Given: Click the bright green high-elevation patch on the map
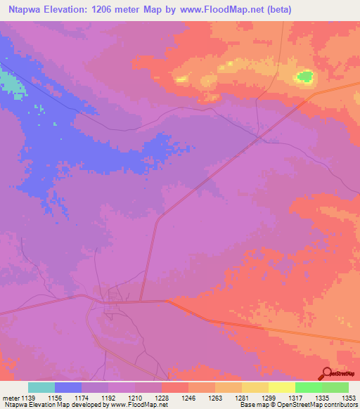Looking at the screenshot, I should pos(305,76).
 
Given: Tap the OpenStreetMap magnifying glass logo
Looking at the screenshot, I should pos(326,373).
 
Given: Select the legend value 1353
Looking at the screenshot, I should pos(348,397).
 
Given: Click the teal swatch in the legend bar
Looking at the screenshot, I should pos(41,387).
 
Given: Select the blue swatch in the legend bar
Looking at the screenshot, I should pos(68,387).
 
